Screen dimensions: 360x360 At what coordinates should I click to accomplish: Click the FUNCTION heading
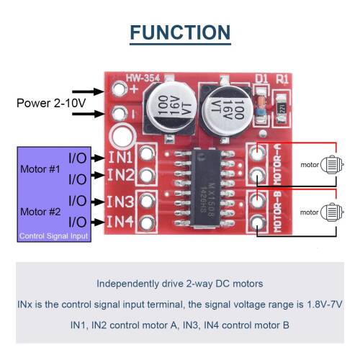[x=180, y=32]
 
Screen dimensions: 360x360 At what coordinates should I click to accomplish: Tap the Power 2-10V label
[x=50, y=103]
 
